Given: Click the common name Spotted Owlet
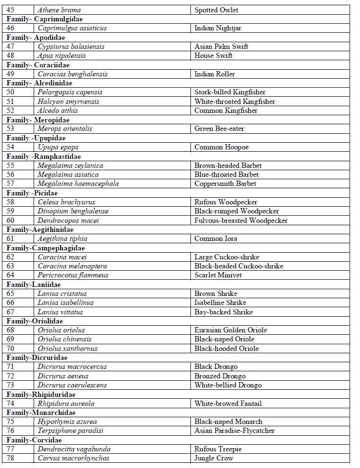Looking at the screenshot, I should click(216, 10).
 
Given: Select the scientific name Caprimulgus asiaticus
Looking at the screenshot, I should click(72, 28).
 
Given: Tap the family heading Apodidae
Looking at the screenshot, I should click(36, 37).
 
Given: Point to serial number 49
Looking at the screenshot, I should click(10, 74).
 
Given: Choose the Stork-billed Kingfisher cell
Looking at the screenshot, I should click(230, 92).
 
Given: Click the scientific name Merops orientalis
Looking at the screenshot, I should click(65, 128).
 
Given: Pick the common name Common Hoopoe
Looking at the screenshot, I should click(221, 147).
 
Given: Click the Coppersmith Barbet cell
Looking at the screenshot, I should click(225, 184).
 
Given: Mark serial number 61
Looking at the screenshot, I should click(10, 239).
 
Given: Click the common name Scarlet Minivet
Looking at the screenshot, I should click(218, 275).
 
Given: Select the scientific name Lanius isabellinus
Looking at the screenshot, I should click(65, 303).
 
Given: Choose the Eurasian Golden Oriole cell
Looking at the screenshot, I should click(231, 330).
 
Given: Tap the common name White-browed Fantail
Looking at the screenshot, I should click(228, 404).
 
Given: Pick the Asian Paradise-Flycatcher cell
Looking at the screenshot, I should click(234, 431).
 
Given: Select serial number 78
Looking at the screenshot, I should click(10, 458).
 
